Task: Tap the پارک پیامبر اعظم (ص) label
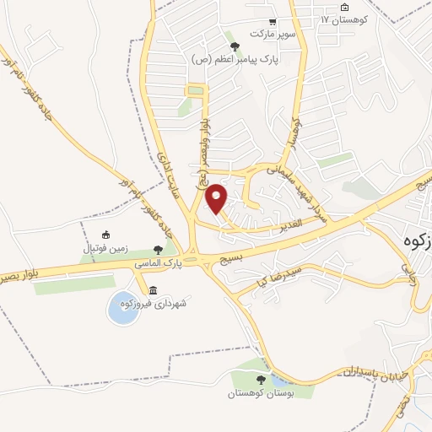click(x=235, y=60)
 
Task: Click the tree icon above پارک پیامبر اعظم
click(x=235, y=46)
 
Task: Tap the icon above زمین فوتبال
click(x=105, y=235)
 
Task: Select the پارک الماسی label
click(x=157, y=263)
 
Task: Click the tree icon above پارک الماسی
click(x=158, y=249)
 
